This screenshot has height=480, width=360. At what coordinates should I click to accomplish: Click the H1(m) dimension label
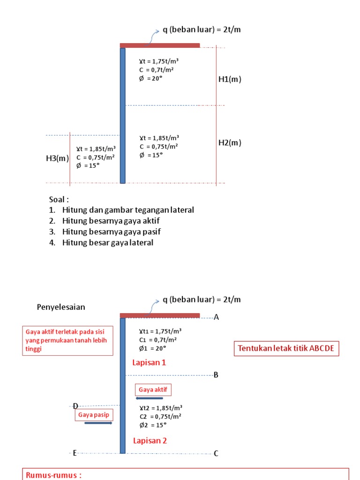[230, 79]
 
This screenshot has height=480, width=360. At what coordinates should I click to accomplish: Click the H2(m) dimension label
[230, 142]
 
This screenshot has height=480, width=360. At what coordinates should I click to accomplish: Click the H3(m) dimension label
[57, 158]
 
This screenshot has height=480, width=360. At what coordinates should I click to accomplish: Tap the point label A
[217, 317]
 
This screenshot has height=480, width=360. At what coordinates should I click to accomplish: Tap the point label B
[216, 375]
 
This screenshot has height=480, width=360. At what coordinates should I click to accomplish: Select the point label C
[216, 453]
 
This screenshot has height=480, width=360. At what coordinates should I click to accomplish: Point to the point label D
[75, 406]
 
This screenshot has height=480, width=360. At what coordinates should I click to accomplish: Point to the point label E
[75, 453]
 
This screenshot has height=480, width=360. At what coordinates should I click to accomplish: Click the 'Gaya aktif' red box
[153, 390]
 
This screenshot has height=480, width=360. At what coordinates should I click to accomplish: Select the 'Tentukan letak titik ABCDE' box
[286, 349]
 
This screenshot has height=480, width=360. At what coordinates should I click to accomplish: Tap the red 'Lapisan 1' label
[149, 362]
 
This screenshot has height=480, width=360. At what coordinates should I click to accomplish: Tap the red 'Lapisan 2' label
[150, 441]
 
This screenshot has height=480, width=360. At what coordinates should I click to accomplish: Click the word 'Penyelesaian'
[61, 307]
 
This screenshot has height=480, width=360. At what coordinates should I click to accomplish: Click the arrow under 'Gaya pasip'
[98, 423]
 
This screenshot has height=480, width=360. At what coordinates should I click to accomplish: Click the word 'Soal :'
[59, 199]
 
